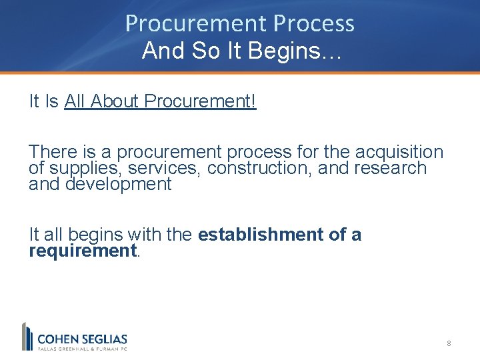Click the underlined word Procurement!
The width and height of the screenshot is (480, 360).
[200, 101]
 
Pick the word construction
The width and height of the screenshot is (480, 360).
[259, 168]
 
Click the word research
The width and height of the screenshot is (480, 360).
[389, 168]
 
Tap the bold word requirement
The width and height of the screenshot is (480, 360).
[81, 251]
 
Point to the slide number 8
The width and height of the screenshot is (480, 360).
[449, 343]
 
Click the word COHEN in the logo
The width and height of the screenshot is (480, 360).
[58, 339]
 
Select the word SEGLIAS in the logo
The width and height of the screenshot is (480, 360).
[104, 339]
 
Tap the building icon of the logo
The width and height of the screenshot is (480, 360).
[27, 336]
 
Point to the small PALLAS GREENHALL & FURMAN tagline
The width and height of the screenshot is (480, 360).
[81, 348]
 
